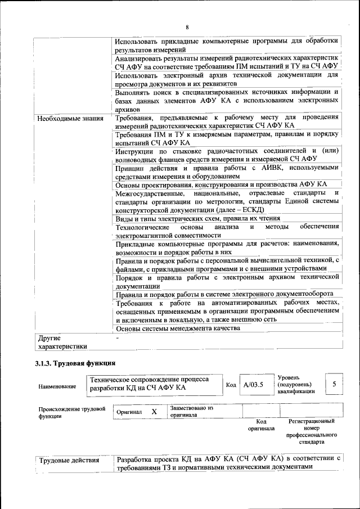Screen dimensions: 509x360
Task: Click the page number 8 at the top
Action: coord(187,28)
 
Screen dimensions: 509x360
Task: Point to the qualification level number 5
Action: coord(335,384)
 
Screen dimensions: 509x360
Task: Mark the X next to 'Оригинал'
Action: coord(154,412)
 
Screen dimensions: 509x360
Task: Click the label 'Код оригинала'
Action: coord(261,425)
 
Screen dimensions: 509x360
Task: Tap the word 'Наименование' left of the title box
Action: coord(57,386)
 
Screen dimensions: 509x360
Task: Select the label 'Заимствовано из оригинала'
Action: coord(192,411)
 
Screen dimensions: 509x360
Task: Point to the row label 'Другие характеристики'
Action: coord(62,343)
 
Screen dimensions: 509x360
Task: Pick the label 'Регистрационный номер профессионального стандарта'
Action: coord(311,431)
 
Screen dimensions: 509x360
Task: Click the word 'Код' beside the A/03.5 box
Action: coord(231,385)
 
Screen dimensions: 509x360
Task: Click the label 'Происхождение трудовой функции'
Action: coord(72,412)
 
